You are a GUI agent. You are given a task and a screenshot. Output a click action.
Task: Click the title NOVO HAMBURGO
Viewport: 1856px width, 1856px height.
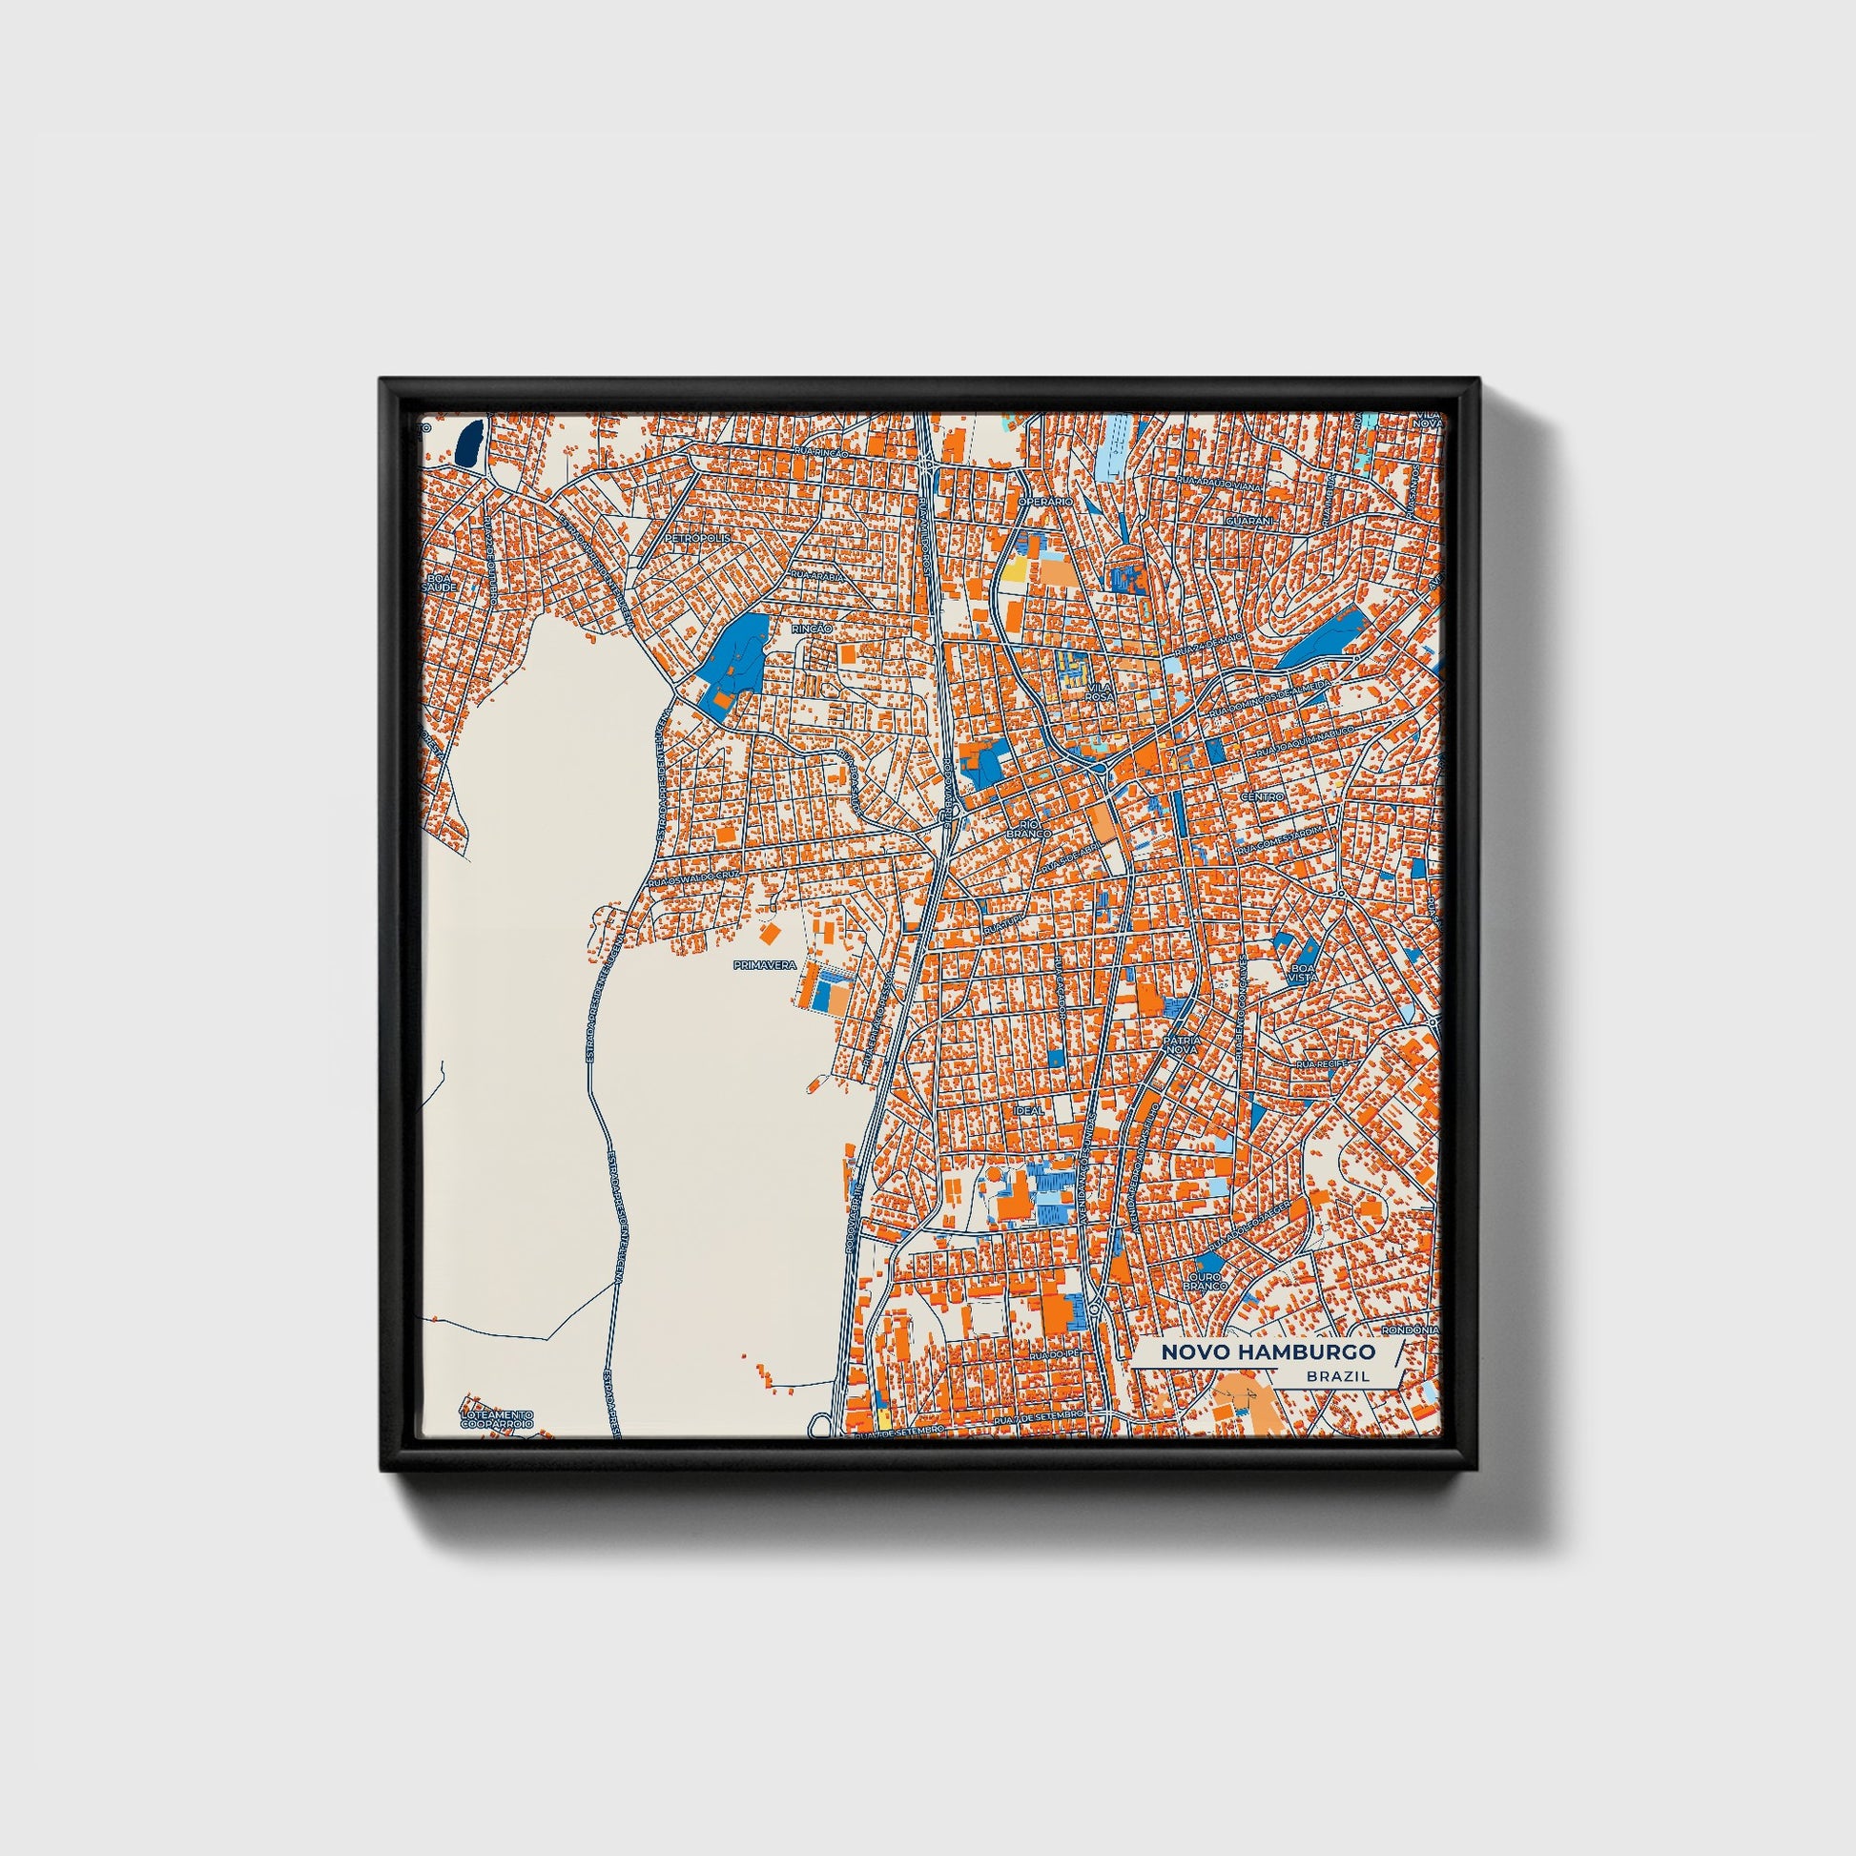click(x=1268, y=1351)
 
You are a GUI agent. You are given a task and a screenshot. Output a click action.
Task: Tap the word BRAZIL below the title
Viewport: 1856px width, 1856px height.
click(x=1335, y=1376)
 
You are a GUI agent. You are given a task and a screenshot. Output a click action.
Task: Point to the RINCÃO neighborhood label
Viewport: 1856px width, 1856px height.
click(x=812, y=629)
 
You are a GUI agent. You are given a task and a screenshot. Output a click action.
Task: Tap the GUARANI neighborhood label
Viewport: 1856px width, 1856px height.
click(x=1248, y=520)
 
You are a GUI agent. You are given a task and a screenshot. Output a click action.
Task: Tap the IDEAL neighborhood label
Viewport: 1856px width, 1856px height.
click(x=1029, y=1110)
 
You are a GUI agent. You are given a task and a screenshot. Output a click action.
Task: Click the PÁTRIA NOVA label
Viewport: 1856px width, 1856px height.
click(x=1181, y=1046)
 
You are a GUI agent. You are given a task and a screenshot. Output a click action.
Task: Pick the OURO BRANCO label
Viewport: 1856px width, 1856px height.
click(x=1205, y=1282)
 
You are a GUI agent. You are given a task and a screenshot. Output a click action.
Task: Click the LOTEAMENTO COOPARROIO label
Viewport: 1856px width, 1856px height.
click(x=496, y=1420)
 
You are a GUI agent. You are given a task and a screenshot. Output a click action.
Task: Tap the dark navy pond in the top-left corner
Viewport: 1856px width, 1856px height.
click(x=468, y=443)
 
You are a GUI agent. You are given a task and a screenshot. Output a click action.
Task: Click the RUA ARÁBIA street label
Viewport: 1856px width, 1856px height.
click(x=816, y=575)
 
